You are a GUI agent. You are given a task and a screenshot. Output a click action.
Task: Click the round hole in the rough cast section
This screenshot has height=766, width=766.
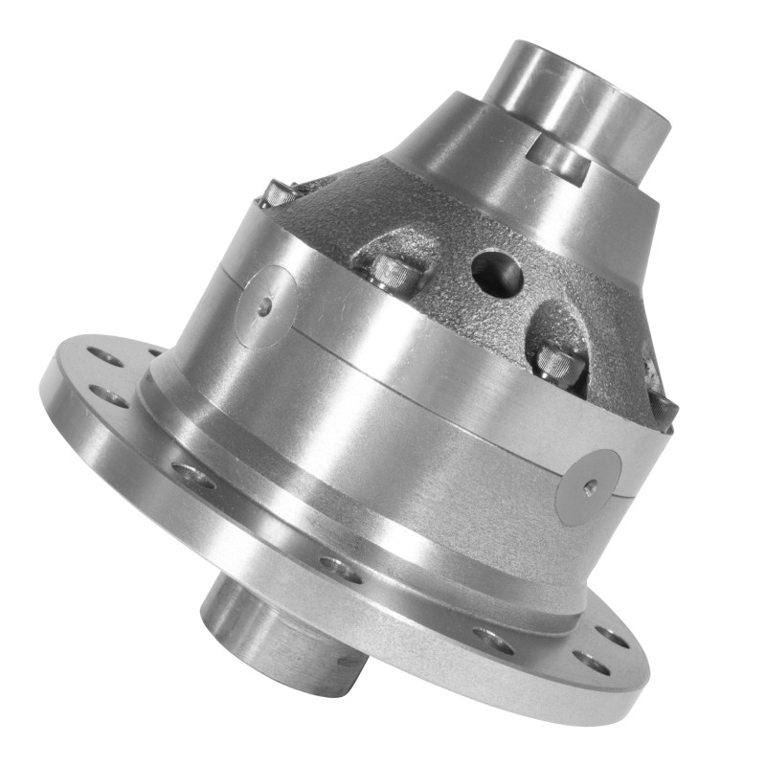(x=497, y=272)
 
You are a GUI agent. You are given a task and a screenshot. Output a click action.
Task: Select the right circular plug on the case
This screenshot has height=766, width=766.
(x=588, y=486)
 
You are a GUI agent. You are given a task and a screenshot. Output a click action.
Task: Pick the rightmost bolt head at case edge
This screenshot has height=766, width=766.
(x=665, y=397)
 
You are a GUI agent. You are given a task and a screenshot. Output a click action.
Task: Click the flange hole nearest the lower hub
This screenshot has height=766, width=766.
(x=342, y=569)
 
